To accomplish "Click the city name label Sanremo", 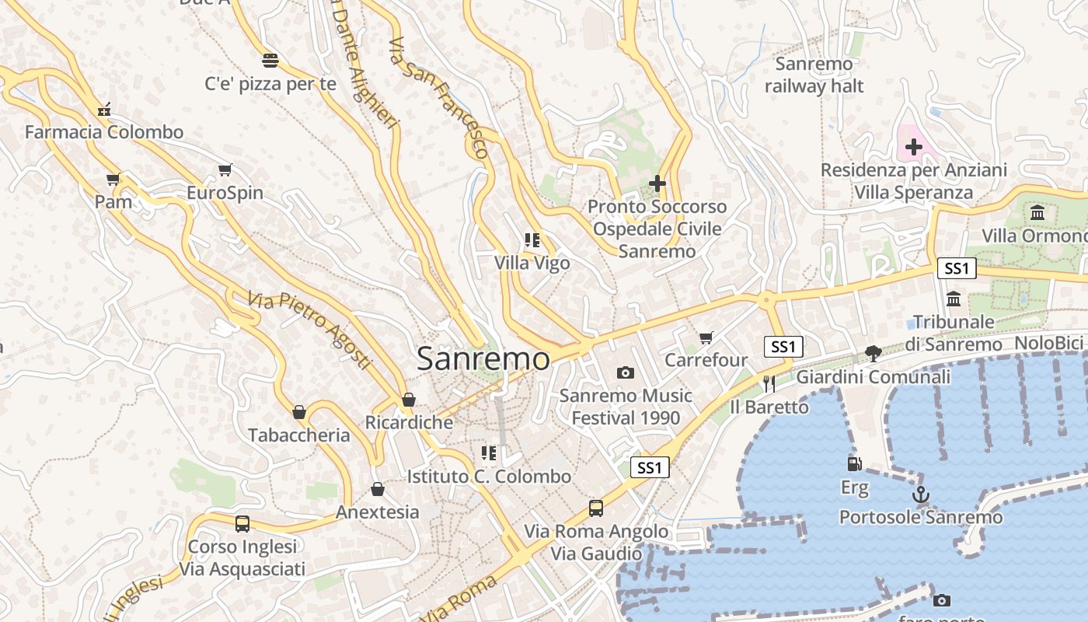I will [483, 359].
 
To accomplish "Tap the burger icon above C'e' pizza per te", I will [270, 61].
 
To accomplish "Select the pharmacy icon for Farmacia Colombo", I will [104, 110].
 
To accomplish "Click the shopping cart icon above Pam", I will [113, 180].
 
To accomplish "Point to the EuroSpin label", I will [225, 193].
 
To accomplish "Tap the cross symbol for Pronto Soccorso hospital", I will [657, 183].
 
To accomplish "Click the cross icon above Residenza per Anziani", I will [914, 146].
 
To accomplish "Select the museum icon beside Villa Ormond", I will [1037, 213].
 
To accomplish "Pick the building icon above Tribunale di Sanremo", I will [954, 299].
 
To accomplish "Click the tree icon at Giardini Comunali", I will [874, 354].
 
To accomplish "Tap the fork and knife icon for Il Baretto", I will [769, 383].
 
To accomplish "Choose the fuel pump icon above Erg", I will [854, 464].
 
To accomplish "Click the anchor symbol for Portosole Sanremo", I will [921, 494].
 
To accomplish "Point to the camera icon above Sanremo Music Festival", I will [626, 373].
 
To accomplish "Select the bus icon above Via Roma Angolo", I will [596, 508].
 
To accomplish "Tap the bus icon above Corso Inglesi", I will [242, 524].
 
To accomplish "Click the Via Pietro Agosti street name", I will [309, 329].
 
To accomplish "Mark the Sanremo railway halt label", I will [814, 75].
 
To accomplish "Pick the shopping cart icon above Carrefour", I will [706, 337].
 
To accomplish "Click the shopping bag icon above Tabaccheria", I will [299, 412].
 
